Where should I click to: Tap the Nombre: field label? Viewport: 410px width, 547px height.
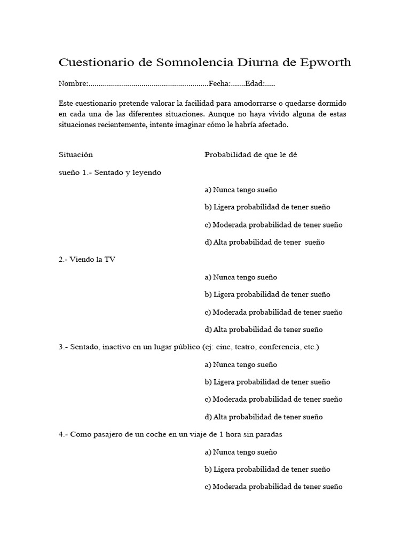pyautogui.click(x=73, y=84)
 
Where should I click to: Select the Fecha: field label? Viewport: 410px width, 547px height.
pyautogui.click(x=219, y=84)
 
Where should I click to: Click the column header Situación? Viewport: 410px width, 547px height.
pyautogui.click(x=76, y=155)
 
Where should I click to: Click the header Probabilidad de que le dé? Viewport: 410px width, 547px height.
pyautogui.click(x=250, y=155)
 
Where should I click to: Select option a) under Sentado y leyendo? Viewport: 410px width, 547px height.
pyautogui.click(x=241, y=190)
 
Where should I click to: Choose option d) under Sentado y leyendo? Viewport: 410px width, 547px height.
pyautogui.click(x=264, y=242)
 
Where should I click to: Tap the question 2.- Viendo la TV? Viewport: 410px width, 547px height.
pyautogui.click(x=87, y=260)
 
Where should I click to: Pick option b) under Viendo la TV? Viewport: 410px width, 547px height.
pyautogui.click(x=267, y=294)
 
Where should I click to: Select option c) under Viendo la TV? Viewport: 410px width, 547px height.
pyautogui.click(x=273, y=312)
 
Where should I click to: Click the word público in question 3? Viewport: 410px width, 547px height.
pyautogui.click(x=186, y=347)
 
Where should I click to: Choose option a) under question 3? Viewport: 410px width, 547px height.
pyautogui.click(x=241, y=364)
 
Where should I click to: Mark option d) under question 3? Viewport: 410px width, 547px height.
pyautogui.click(x=264, y=417)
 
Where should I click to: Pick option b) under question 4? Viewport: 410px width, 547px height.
pyautogui.click(x=267, y=469)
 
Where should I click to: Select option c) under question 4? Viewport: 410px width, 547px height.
pyautogui.click(x=273, y=487)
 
